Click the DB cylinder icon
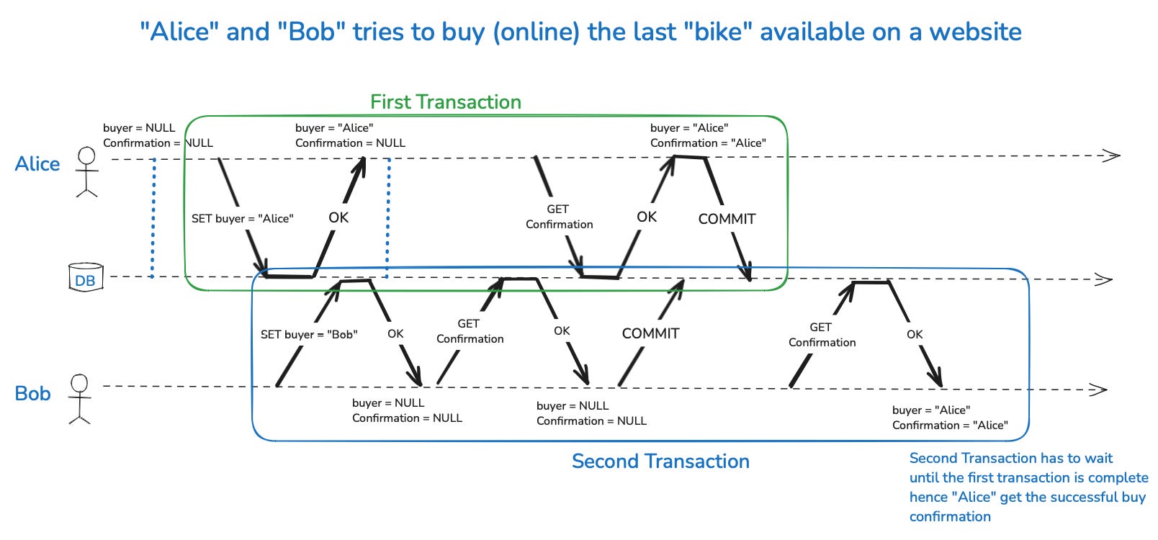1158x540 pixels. pos(85,278)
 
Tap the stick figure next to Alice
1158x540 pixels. pos(87,171)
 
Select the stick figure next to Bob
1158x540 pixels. pos(79,398)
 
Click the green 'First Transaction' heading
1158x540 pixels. pos(446,102)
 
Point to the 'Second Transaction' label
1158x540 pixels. pos(660,462)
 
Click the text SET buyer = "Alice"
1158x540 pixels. pos(242,219)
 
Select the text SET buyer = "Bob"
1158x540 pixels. pos(309,335)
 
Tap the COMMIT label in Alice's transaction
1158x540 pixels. pos(727,219)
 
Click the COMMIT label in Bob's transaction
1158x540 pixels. pos(650,333)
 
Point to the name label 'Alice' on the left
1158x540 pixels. pos(37,164)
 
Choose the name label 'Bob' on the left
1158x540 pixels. pos(33,394)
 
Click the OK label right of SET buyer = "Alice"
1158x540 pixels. pos(338,217)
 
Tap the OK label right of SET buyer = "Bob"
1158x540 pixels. pos(395,334)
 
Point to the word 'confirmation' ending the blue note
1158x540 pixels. pos(950,516)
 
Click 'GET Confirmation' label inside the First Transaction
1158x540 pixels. pos(559,217)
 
